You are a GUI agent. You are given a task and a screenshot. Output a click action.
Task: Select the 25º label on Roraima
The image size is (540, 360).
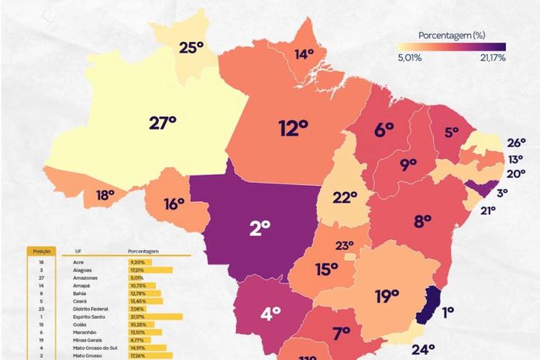point(191,48)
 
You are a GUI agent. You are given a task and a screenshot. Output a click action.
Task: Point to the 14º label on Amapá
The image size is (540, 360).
point(304,54)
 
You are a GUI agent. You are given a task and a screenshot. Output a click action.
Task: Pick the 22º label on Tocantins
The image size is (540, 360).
point(345,197)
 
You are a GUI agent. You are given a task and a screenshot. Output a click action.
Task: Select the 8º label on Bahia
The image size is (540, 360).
point(422,221)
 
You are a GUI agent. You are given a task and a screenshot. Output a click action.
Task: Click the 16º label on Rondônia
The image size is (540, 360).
point(174,204)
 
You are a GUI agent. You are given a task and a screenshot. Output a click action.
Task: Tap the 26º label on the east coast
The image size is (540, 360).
point(517,142)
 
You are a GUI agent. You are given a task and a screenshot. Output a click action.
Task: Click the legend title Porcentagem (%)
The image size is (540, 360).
point(451,36)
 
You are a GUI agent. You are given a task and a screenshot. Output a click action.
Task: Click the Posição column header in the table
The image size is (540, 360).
point(40,251)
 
